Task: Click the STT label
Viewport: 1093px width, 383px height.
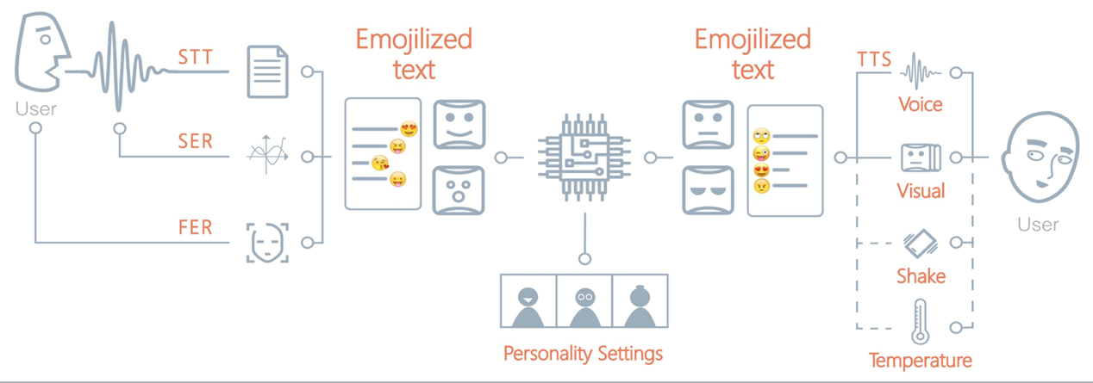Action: click(x=195, y=57)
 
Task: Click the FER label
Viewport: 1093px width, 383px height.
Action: click(x=195, y=228)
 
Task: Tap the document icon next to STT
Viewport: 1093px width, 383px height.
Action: click(x=267, y=71)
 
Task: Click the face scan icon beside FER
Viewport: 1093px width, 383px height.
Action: click(x=267, y=242)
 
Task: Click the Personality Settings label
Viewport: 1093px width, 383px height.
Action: click(x=583, y=353)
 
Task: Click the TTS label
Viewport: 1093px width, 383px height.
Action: click(x=874, y=59)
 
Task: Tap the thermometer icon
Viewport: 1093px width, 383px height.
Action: click(x=920, y=322)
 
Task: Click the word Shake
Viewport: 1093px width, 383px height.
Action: click(x=921, y=276)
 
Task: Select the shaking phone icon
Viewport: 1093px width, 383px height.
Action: click(x=920, y=243)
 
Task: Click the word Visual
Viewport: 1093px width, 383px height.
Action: click(x=921, y=190)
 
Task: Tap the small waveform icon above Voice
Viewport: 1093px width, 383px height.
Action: click(x=920, y=72)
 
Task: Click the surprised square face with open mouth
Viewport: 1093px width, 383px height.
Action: click(x=459, y=189)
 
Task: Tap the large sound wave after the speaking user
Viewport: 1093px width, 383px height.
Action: click(x=121, y=65)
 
